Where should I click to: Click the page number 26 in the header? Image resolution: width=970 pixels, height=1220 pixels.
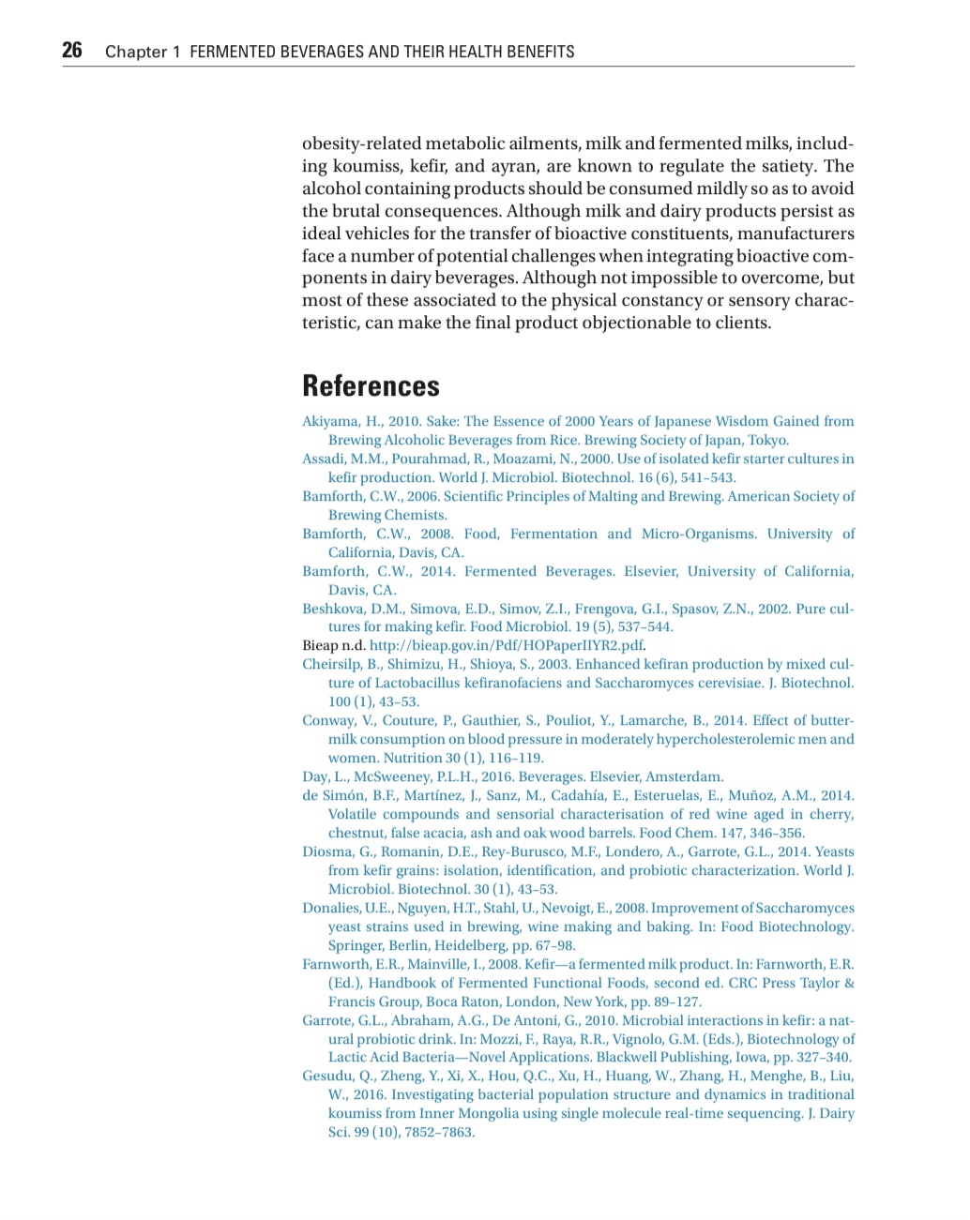(72, 51)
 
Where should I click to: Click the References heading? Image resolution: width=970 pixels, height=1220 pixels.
(371, 385)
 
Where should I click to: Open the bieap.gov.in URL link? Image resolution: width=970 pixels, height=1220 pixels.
(507, 645)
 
